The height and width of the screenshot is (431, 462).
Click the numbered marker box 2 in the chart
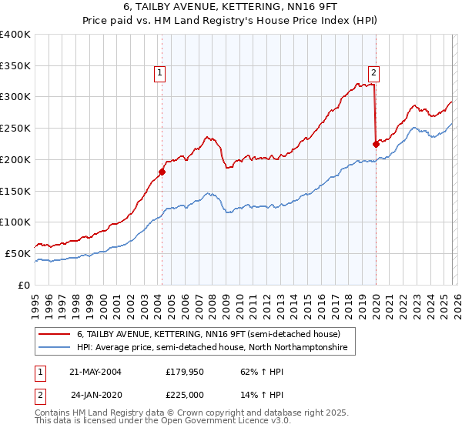point(373,73)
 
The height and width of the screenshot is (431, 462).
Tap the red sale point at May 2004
point(162,172)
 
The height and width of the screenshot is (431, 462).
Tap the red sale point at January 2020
point(376,143)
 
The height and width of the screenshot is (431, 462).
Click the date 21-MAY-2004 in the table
point(95,371)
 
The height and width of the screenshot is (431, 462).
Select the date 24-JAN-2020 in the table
point(95,393)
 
